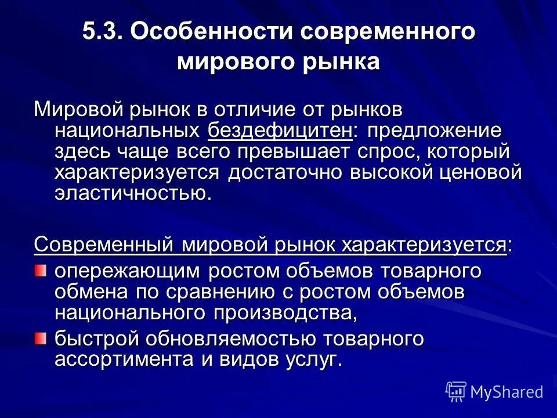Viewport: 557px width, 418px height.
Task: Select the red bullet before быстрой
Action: tap(39, 337)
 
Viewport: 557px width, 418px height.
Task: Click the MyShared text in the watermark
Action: tap(507, 392)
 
